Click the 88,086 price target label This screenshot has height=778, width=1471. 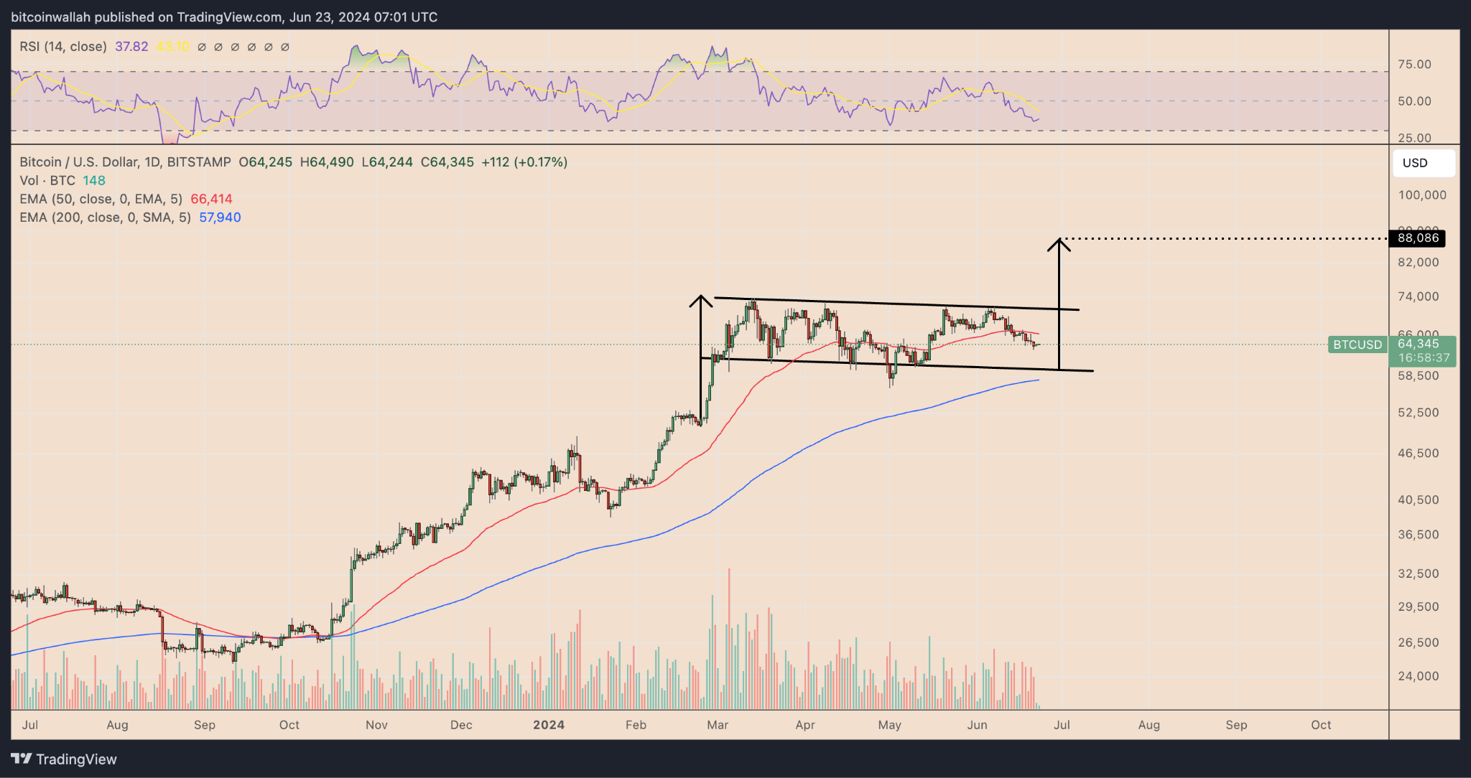click(1417, 238)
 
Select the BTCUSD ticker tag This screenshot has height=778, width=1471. click(1357, 345)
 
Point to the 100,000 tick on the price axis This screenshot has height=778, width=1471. click(1421, 195)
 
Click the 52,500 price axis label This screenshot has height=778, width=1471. click(1418, 413)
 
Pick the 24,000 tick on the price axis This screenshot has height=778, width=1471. click(1418, 676)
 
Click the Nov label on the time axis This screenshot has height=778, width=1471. click(376, 725)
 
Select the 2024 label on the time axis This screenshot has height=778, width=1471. click(549, 725)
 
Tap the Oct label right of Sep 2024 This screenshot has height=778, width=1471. click(1321, 725)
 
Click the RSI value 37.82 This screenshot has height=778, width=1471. click(131, 47)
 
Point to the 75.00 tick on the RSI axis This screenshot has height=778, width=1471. click(1414, 65)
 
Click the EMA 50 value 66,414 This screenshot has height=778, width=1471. click(211, 200)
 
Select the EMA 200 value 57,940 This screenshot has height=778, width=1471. click(220, 217)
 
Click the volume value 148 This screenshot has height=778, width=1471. click(94, 181)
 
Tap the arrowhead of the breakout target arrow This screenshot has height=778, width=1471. click(1059, 244)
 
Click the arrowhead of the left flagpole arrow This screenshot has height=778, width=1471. click(700, 300)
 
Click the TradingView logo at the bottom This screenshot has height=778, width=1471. click(64, 759)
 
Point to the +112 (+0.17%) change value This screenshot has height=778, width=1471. click(524, 162)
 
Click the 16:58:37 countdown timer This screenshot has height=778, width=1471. click(1424, 357)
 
